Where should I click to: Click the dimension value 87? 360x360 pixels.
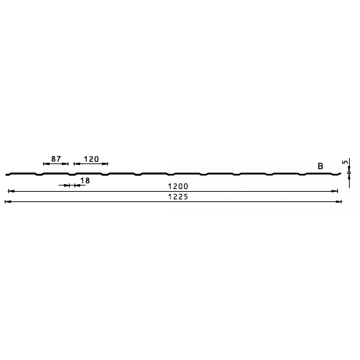tap(56, 159)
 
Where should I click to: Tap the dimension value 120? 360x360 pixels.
tap(91, 159)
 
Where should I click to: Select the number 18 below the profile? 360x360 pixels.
tap(85, 181)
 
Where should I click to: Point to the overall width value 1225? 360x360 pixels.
tap(178, 197)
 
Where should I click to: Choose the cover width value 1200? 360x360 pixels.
tap(178, 186)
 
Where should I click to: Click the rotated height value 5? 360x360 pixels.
tap(345, 162)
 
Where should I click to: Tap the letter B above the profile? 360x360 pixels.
tap(320, 166)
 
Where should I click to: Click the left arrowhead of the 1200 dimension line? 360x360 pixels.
tap(11, 191)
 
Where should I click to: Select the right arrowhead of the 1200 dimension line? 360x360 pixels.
tap(334, 191)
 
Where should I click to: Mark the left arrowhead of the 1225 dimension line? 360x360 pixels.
tap(8, 202)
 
